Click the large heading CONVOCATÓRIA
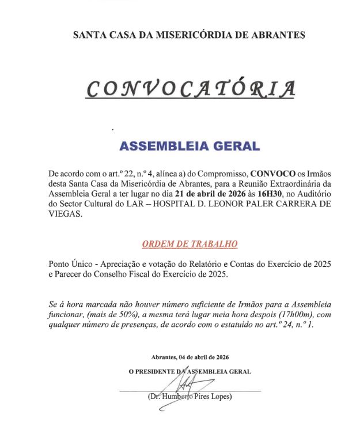coord(191,88)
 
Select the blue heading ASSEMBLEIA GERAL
coord(190,146)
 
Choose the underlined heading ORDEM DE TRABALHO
coord(190,244)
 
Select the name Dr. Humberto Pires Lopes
coord(190,397)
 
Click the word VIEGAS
coord(65,214)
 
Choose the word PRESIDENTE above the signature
coord(155,371)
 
